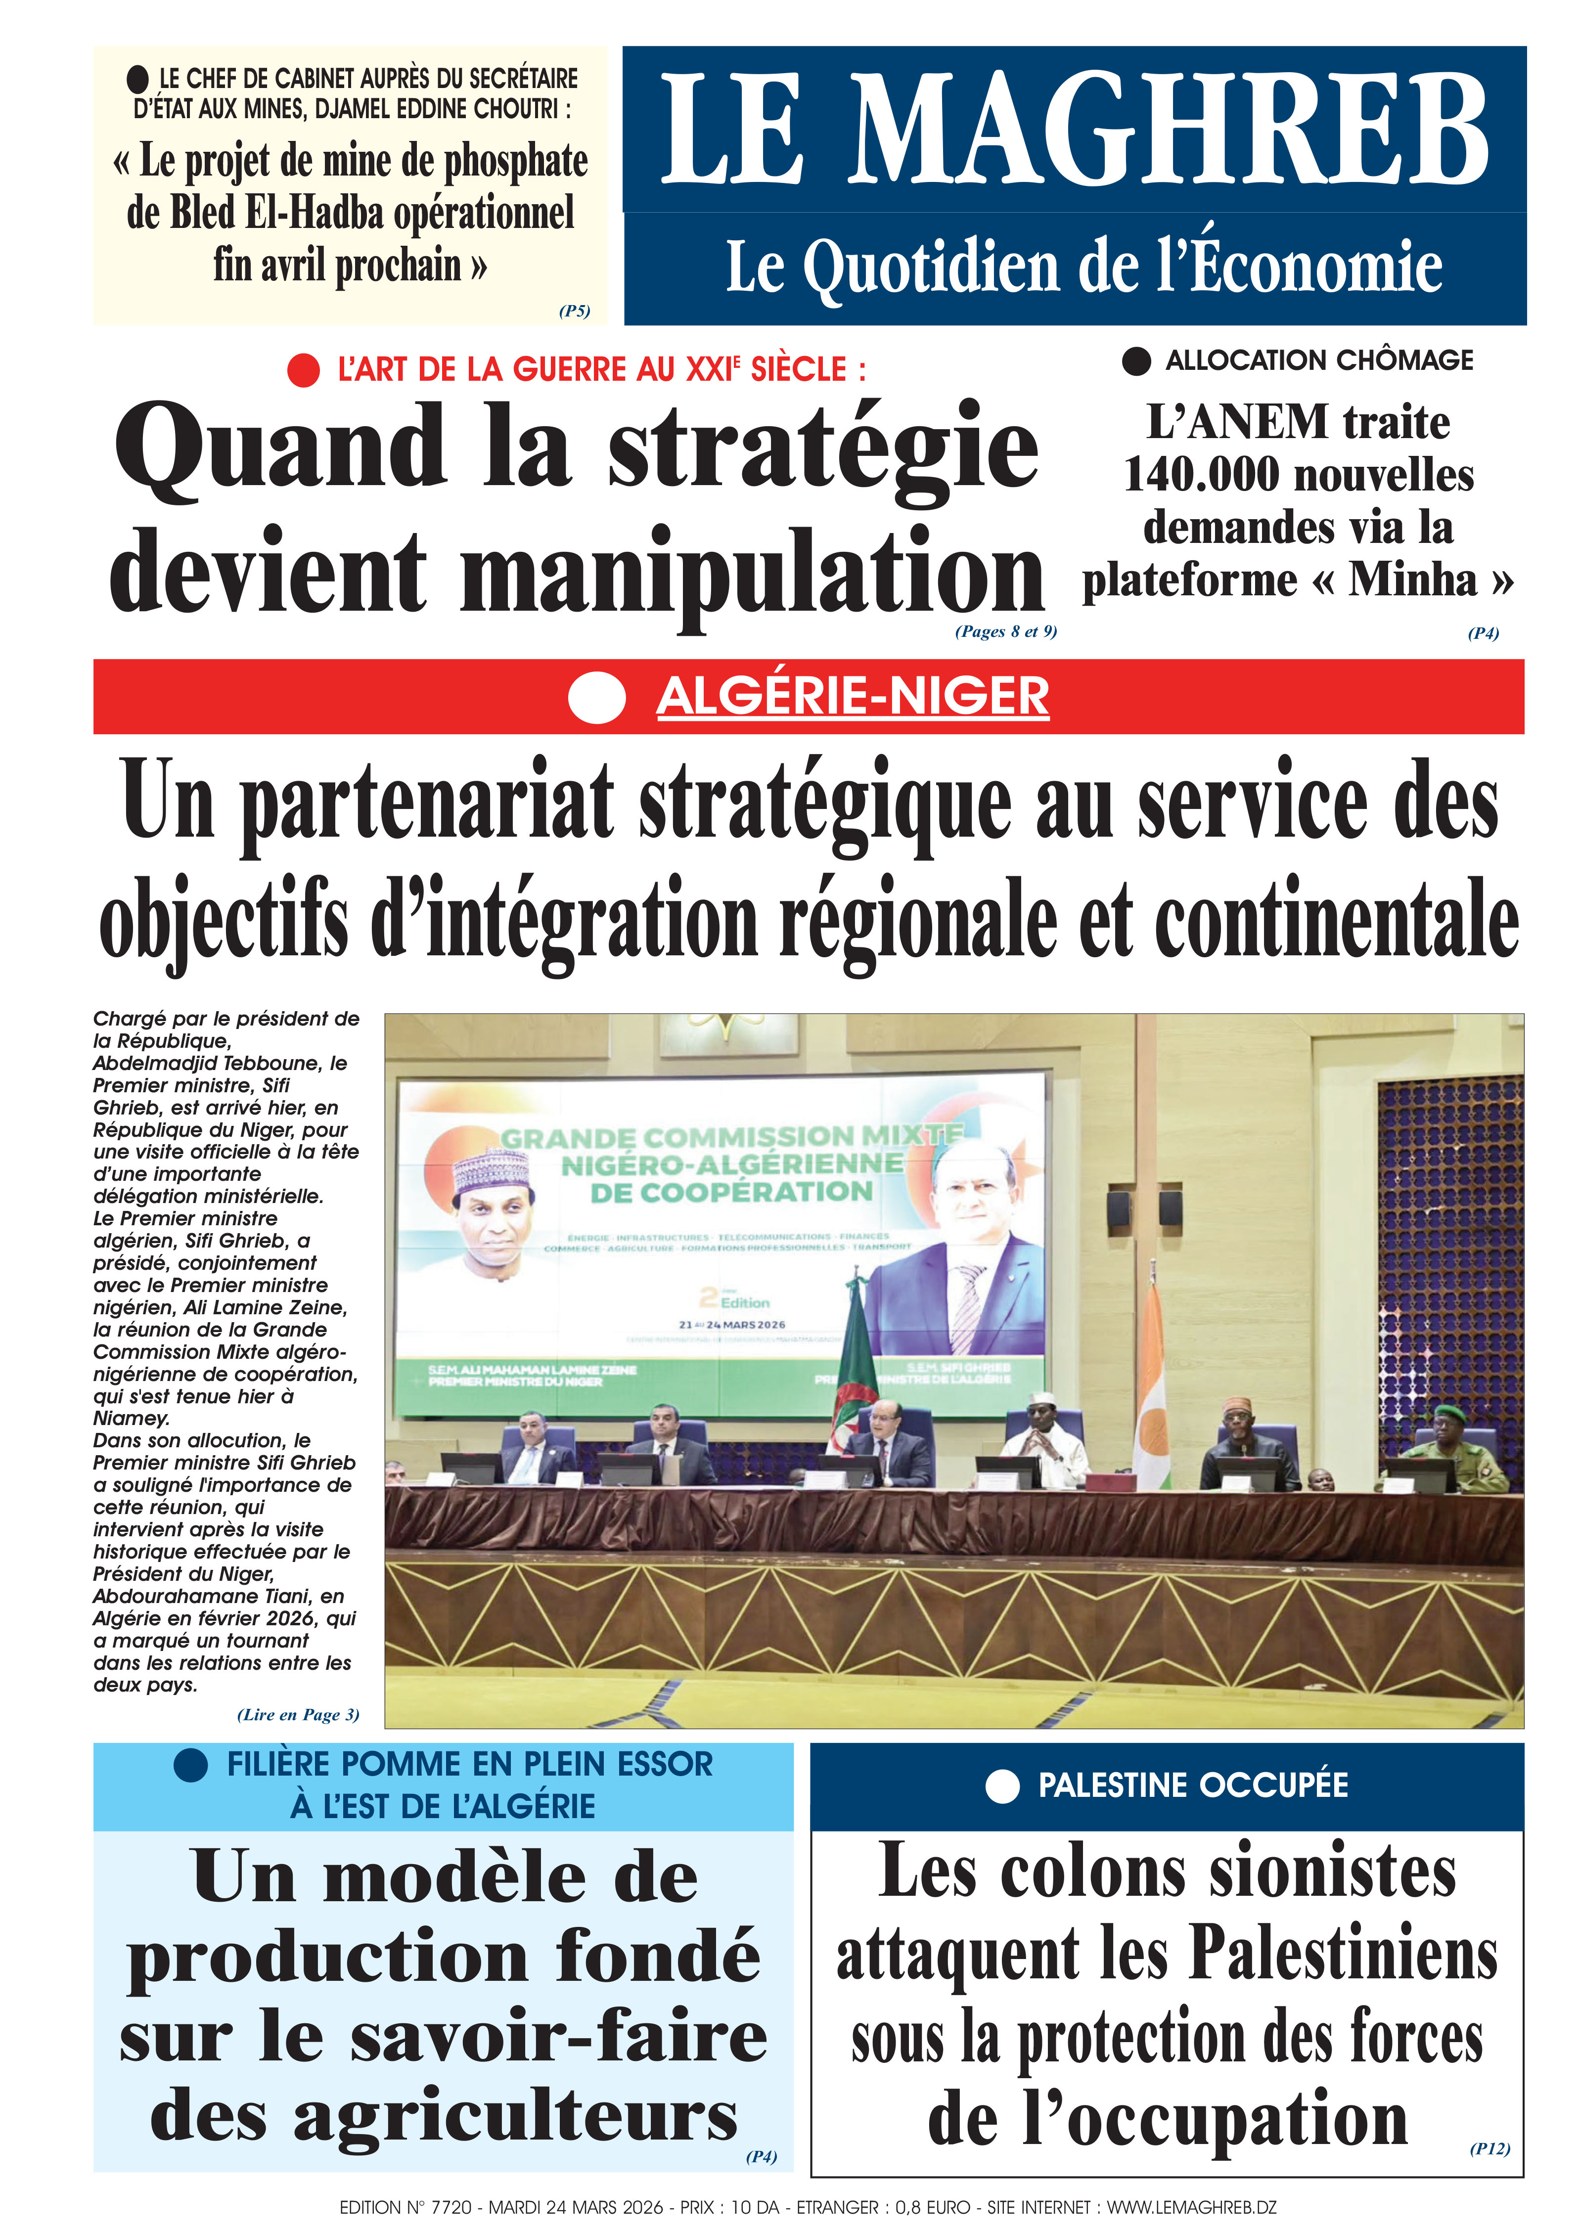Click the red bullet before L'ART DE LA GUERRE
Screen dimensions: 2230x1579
(x=303, y=370)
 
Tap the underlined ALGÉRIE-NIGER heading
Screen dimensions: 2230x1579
(x=853, y=697)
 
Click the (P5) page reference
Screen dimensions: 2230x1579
(x=574, y=311)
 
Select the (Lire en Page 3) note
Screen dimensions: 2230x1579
(x=298, y=1715)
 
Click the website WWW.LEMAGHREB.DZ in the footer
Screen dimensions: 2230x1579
(x=1191, y=2208)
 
